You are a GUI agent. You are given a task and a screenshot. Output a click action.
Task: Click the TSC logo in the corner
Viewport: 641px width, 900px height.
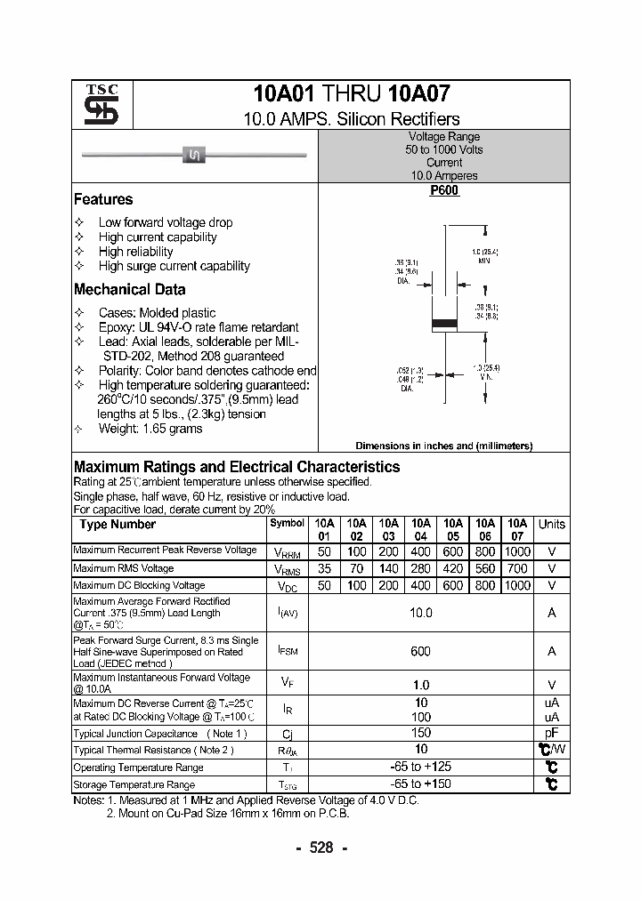click(x=95, y=105)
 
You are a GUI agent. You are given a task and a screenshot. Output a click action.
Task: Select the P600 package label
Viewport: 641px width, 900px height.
click(x=443, y=190)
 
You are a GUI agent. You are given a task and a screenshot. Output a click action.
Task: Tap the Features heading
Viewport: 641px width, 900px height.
click(x=103, y=200)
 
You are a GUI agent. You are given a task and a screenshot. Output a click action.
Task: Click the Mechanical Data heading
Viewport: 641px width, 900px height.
click(x=130, y=289)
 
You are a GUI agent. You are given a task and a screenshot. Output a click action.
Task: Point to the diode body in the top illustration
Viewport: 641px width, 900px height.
click(x=194, y=157)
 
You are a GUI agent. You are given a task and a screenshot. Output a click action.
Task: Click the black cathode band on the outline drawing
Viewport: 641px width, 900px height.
click(x=443, y=322)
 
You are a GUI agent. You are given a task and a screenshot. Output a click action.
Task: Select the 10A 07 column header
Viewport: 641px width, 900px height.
click(x=517, y=530)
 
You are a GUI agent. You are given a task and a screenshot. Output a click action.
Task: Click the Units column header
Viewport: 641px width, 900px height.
click(x=552, y=525)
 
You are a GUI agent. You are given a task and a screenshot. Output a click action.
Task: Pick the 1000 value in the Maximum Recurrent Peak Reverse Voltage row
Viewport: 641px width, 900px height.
click(x=517, y=551)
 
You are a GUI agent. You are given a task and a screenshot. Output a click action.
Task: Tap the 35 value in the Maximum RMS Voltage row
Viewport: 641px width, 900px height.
click(x=325, y=568)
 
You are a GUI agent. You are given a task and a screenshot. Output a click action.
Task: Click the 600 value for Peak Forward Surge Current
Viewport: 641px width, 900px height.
click(x=420, y=651)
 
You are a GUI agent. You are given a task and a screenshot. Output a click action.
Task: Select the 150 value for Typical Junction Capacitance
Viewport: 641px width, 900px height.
click(x=420, y=733)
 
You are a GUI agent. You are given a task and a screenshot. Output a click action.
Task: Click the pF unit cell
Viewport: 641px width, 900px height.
click(x=552, y=733)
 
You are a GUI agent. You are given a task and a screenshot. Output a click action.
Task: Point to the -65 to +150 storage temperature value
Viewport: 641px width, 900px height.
click(x=420, y=784)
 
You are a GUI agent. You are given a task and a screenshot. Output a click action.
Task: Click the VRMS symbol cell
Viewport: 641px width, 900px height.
click(x=287, y=569)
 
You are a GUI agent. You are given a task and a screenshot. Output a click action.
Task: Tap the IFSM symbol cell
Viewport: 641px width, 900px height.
click(x=287, y=652)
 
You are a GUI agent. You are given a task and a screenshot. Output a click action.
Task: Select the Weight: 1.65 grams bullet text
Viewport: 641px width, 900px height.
click(x=150, y=429)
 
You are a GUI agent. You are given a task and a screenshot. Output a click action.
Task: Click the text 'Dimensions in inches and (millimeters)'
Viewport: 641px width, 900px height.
click(x=443, y=446)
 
